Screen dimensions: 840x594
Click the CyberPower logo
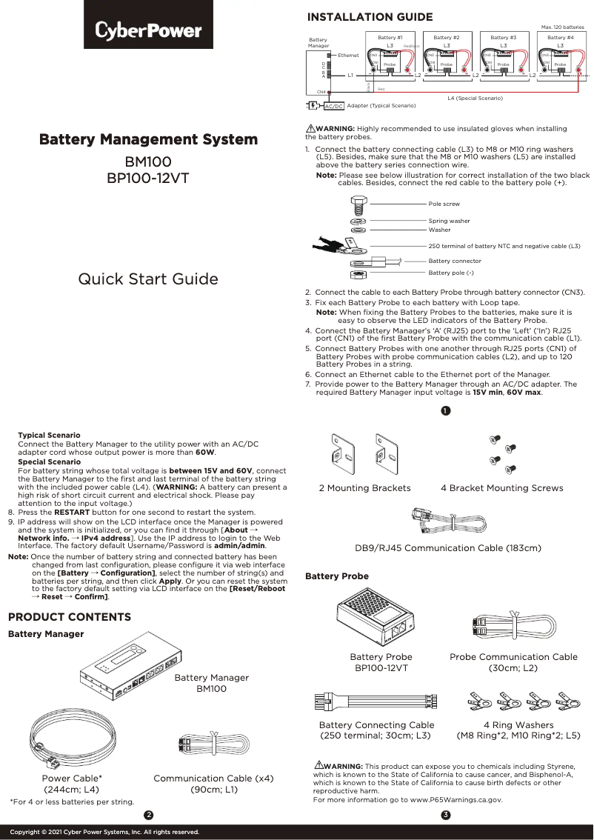148,31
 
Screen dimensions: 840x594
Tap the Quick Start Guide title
148,279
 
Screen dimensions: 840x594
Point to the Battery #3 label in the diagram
504,37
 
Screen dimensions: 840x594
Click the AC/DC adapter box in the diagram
334,106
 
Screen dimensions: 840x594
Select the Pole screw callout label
444,204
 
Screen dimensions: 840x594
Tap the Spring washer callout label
449,221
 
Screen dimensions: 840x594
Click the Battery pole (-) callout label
451,273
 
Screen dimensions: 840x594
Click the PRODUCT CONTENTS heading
69,617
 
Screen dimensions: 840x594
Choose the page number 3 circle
445,816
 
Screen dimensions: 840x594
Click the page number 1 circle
445,411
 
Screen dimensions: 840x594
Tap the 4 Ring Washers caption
518,725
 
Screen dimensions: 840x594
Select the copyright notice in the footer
104,832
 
